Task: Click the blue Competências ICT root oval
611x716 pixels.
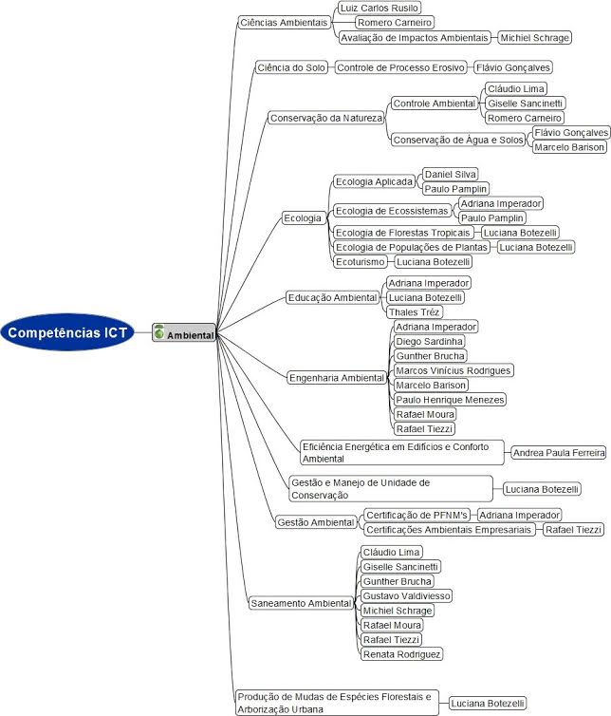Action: pos(67,332)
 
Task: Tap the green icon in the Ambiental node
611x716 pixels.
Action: pos(158,332)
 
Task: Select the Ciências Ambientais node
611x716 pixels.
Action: pos(284,23)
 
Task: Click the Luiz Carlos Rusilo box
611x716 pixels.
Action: pos(380,9)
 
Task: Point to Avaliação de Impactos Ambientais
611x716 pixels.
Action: pos(415,37)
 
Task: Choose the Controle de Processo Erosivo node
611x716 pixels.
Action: pos(400,67)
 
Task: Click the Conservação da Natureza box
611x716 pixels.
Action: pos(326,118)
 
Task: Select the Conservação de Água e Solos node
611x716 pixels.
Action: pos(458,140)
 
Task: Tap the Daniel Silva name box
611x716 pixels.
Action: pos(451,174)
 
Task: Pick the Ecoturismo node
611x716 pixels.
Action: pos(360,262)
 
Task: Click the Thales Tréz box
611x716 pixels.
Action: pos(415,311)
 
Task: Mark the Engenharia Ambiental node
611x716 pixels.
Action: pos(337,378)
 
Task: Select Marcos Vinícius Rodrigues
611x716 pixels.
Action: pos(454,370)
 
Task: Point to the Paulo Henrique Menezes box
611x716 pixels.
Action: pos(450,400)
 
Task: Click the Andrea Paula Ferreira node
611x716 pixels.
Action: pos(559,453)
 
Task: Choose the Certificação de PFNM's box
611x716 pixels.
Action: pos(417,515)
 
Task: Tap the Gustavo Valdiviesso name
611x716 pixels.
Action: pos(407,595)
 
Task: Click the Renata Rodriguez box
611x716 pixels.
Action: pos(401,654)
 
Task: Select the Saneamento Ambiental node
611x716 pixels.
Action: pos(301,603)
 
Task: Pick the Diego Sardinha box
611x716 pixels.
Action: pos(430,341)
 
